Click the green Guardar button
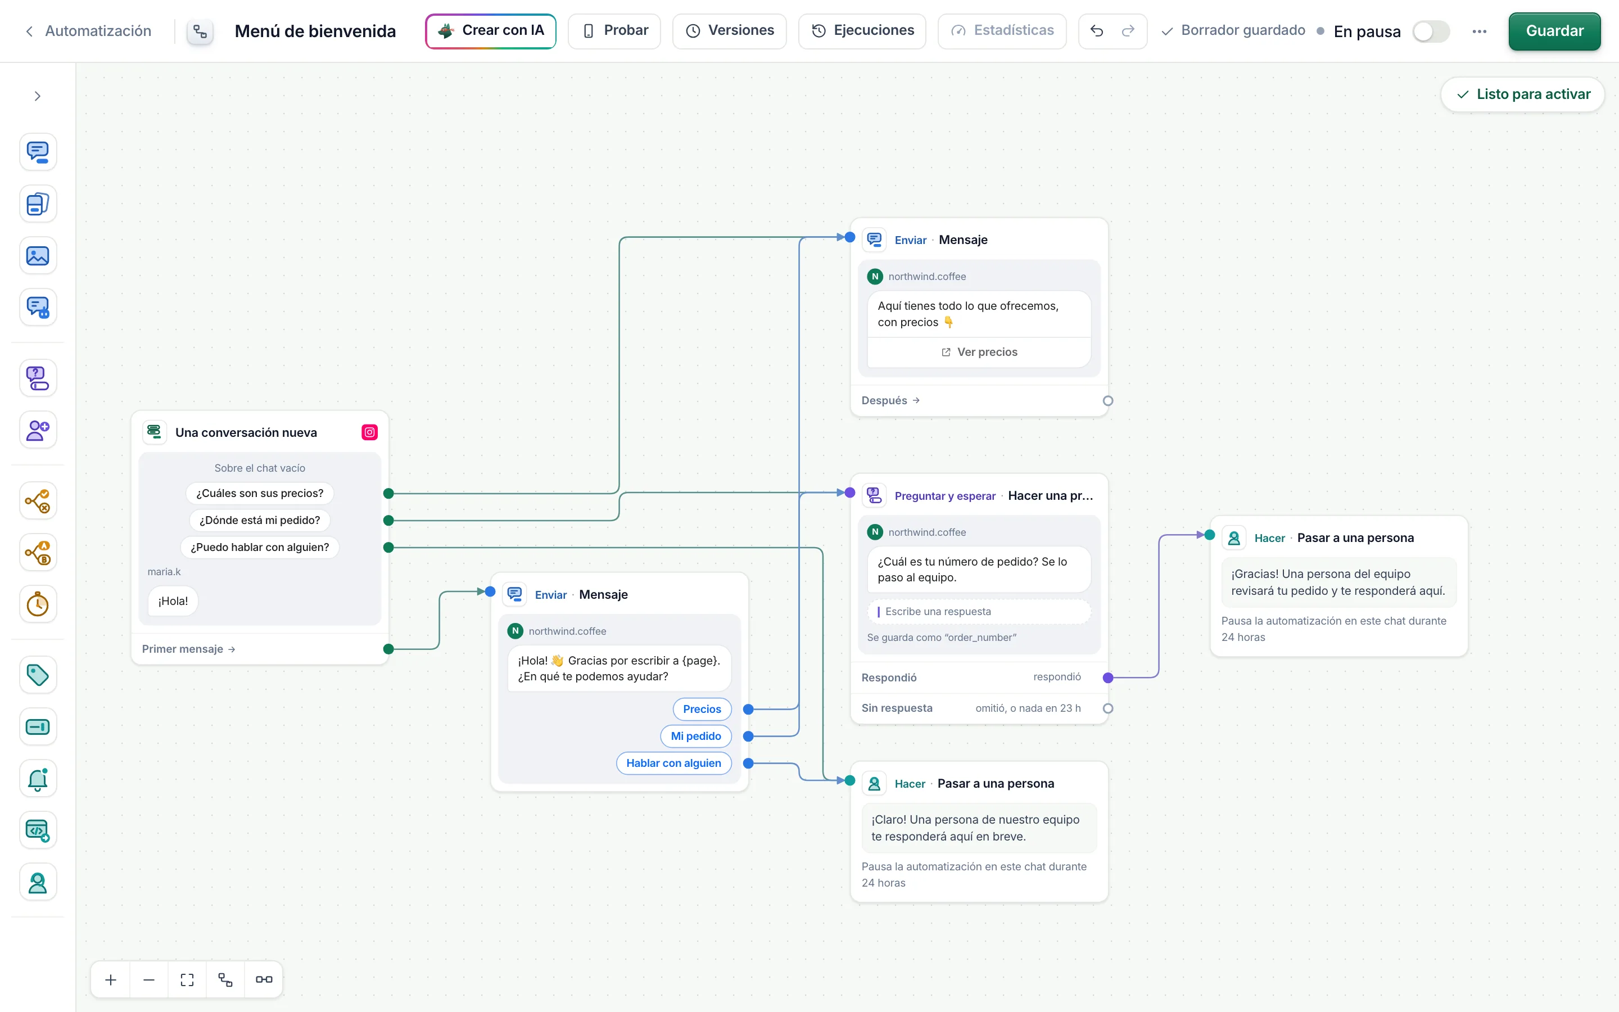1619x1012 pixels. coord(1554,31)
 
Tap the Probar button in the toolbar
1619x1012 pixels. coord(614,31)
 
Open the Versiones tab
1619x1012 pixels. coord(729,31)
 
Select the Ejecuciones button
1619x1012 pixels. coord(862,31)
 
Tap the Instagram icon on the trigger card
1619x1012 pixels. coord(369,432)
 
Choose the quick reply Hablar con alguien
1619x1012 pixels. coord(673,763)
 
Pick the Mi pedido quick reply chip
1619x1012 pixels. coord(696,737)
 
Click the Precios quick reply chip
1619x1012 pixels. coord(702,710)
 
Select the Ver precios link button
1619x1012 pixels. coord(979,352)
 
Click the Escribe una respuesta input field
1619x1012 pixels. coord(979,612)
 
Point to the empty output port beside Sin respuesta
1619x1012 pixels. coord(1108,708)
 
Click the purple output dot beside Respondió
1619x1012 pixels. coord(1108,677)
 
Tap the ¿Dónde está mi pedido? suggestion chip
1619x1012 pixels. coord(260,520)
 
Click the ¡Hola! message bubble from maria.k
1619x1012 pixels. coord(173,601)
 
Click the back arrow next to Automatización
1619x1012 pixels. coord(29,31)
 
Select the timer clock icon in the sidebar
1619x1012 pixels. coord(38,604)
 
